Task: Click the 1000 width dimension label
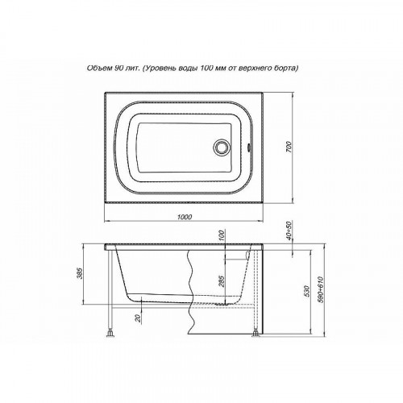[185, 217]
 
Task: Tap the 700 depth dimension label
[289, 147]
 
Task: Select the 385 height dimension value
[83, 273]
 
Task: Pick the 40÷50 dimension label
[289, 231]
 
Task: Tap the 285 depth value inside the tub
[222, 280]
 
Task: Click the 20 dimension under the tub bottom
[138, 318]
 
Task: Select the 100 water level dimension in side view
[222, 235]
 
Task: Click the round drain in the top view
[221, 147]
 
